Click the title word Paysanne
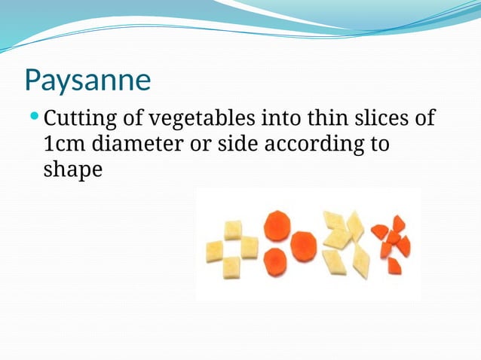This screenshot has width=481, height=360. coord(87,80)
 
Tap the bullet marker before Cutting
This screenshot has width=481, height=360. coord(34,117)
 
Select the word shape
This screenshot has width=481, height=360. coord(72,169)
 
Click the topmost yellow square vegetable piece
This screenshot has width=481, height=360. coord(233,230)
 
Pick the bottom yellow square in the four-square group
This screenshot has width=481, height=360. coord(231,267)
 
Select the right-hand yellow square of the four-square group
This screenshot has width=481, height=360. coord(249,247)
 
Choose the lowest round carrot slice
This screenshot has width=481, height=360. coord(274,261)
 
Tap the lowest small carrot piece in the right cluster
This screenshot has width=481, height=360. coord(394,266)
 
